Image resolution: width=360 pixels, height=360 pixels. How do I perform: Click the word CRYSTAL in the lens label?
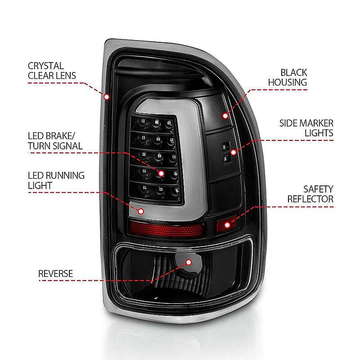coord(46,66)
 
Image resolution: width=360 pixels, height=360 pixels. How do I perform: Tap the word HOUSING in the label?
coord(288,82)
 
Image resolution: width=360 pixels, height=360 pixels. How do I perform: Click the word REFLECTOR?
coord(310,199)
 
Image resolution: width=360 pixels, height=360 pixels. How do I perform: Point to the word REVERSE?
coord(55,274)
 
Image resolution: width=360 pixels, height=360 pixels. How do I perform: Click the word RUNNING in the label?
coord(65,175)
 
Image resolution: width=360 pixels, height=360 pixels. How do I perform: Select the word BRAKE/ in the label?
coord(60,136)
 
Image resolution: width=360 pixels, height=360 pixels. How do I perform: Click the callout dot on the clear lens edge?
coord(107,97)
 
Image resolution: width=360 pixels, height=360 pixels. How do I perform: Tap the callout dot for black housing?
coord(225,116)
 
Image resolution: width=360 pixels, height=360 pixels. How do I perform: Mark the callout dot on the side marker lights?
coord(234,152)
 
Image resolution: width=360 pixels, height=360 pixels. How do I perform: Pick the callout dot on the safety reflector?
coord(227,225)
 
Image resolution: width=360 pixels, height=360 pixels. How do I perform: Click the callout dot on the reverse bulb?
coord(189,262)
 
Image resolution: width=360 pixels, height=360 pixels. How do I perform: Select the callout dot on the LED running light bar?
coord(141,211)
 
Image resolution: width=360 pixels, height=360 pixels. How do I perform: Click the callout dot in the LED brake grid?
coord(161,174)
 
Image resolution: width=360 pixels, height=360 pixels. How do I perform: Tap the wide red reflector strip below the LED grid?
coord(166,229)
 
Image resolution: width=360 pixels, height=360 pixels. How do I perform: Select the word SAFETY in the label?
coord(318,189)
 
